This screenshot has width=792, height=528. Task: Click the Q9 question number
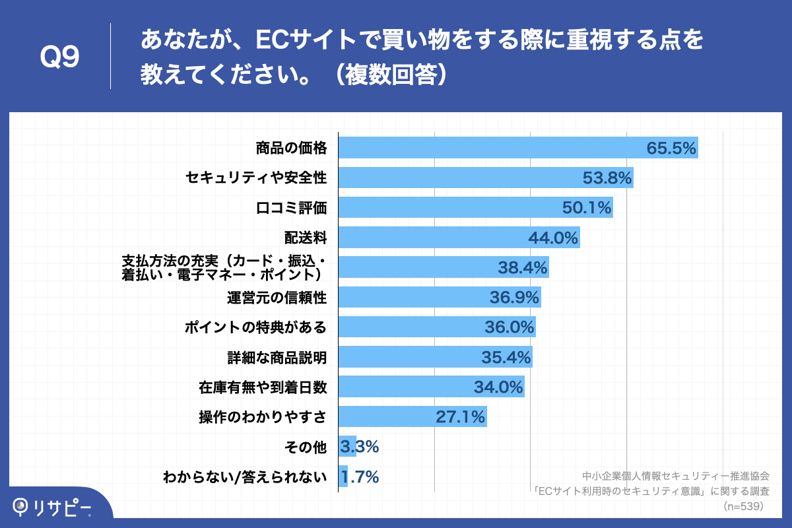point(59,57)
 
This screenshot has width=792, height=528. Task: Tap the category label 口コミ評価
point(291,208)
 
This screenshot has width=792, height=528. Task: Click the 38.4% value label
point(522,267)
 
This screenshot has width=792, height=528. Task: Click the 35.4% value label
point(506,357)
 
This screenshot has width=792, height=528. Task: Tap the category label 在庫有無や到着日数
point(263,387)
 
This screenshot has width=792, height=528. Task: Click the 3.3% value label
point(359,447)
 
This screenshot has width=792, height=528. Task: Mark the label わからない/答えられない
point(245,477)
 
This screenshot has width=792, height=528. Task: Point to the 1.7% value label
point(359,477)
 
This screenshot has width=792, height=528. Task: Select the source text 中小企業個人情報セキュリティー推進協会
point(676,476)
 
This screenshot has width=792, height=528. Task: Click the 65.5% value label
point(671,148)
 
